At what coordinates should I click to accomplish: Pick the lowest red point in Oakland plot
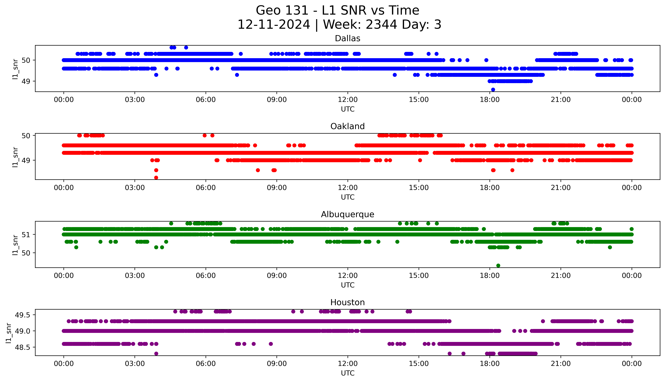coord(156,178)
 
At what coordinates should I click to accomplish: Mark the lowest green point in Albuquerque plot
coord(498,265)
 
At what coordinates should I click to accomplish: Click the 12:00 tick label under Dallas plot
coord(348,100)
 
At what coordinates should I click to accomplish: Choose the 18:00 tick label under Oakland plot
coord(490,188)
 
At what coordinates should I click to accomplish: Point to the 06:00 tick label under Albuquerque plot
coord(206,276)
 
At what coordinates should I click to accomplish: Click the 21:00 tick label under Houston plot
coord(561,364)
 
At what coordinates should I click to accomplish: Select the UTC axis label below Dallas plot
coord(348,109)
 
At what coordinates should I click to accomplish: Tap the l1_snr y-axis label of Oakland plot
coord(15,157)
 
